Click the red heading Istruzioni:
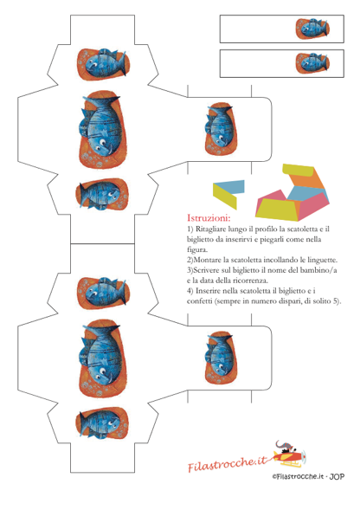[209, 217]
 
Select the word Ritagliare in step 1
[210, 229]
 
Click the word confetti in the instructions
[199, 301]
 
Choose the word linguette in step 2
[322, 261]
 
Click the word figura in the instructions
[196, 250]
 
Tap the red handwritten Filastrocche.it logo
[228, 463]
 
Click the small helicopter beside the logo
[289, 453]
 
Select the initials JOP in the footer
[337, 476]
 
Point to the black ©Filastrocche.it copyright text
[299, 476]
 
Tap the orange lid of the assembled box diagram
[306, 180]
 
